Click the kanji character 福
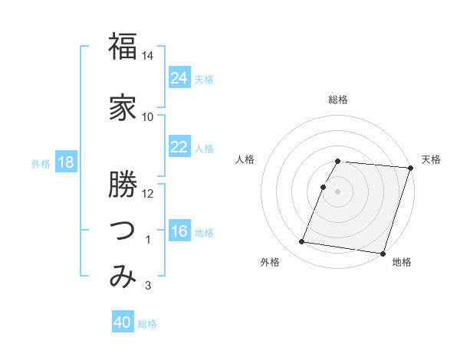pos(123,47)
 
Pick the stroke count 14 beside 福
pos(148,56)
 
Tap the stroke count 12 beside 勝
pos(148,193)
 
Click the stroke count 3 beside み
pos(148,286)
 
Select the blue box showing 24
pos(179,78)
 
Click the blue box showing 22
pos(179,147)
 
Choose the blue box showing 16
pos(179,231)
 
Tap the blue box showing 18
pos(65,162)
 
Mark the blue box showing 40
pos(123,322)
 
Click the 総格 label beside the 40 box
pos(147,324)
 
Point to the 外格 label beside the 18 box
pos(41,163)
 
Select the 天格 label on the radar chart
pos(431,159)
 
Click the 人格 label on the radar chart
pos(245,159)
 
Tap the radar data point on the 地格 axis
pos(383,253)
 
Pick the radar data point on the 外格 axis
pos(302,242)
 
